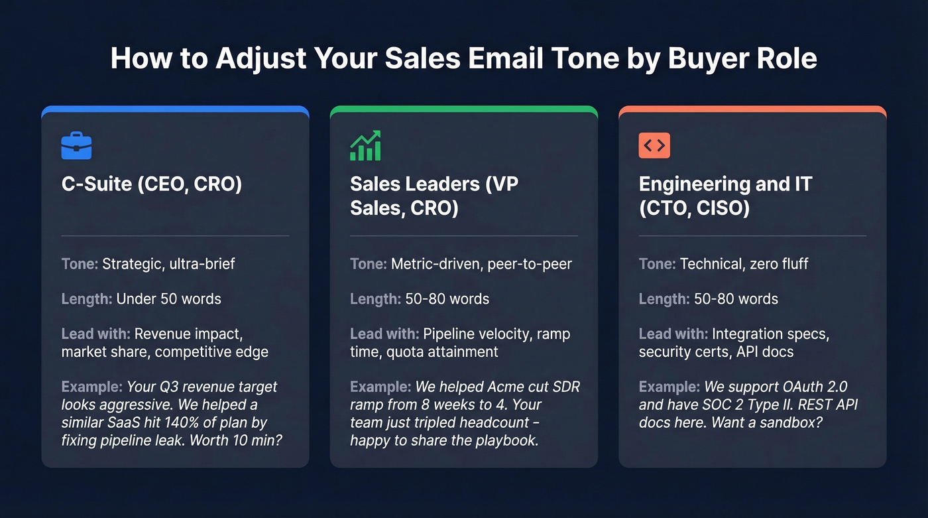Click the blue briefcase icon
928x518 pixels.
[76, 146]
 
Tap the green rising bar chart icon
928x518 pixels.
[365, 145]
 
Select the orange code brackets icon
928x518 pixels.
[654, 146]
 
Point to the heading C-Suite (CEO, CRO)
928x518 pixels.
[151, 184]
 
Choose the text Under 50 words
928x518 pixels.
[168, 298]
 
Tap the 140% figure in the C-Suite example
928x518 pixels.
[192, 422]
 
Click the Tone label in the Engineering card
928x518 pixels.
[656, 264]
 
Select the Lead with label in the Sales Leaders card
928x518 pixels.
[384, 334]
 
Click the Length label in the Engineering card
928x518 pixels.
[664, 298]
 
